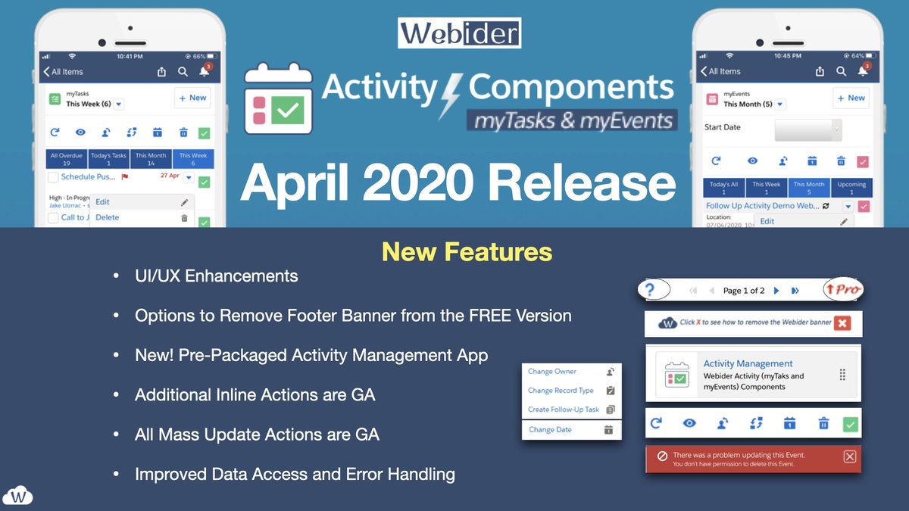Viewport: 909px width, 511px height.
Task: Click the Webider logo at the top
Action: [x=459, y=33]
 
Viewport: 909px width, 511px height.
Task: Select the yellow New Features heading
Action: [x=467, y=251]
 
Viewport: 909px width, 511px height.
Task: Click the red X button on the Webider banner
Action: [x=842, y=322]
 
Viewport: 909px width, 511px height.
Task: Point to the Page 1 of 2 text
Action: [x=743, y=291]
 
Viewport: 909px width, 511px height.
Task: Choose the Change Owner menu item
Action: [x=552, y=372]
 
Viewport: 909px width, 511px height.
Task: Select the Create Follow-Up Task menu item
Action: [x=563, y=410]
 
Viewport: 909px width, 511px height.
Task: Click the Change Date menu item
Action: [x=551, y=430]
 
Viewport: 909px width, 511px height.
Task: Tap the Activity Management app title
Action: [x=748, y=363]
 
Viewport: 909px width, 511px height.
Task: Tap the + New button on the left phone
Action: [x=192, y=98]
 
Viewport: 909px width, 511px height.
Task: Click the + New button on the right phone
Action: [x=851, y=98]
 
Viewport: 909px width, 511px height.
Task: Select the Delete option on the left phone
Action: [x=108, y=217]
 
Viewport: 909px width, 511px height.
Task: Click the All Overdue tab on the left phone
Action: [x=65, y=159]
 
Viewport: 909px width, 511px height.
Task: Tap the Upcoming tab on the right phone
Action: [x=851, y=188]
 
